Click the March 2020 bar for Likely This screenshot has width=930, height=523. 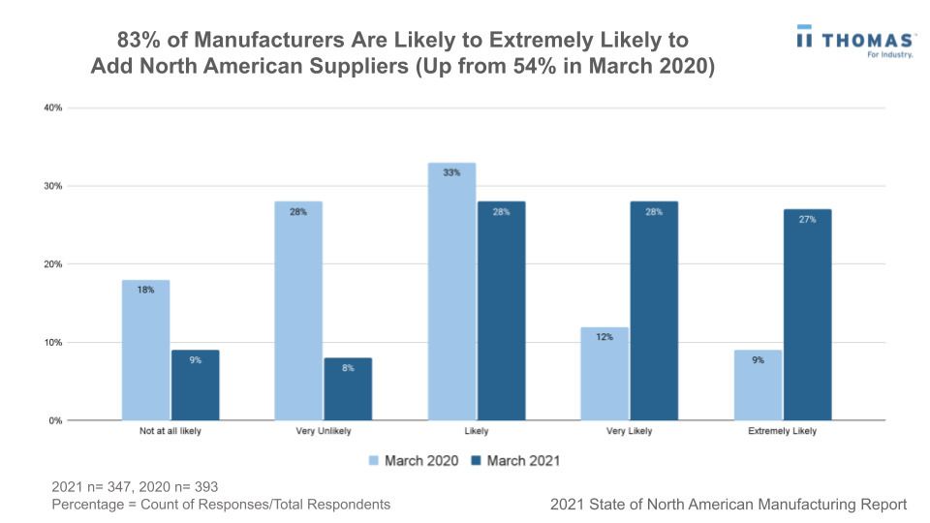click(x=451, y=292)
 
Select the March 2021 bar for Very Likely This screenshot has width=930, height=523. click(x=654, y=311)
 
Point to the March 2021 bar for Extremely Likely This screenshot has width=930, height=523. click(x=807, y=315)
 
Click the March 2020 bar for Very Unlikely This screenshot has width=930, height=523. click(x=298, y=311)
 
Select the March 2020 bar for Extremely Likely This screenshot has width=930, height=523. click(x=758, y=385)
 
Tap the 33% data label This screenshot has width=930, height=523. click(x=451, y=172)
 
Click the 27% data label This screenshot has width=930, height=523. click(x=807, y=220)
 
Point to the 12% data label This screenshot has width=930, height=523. click(x=604, y=337)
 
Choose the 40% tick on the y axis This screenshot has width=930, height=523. click(x=53, y=108)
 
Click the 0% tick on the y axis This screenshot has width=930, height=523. click(x=55, y=420)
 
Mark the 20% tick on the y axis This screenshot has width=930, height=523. click(x=53, y=264)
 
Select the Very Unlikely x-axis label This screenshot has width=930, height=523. click(x=324, y=431)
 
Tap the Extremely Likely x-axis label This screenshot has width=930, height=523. click(x=783, y=431)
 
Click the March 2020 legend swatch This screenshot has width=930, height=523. click(x=375, y=461)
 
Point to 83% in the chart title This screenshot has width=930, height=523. click(x=138, y=41)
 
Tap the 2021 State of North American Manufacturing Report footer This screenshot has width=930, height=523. click(x=728, y=505)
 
